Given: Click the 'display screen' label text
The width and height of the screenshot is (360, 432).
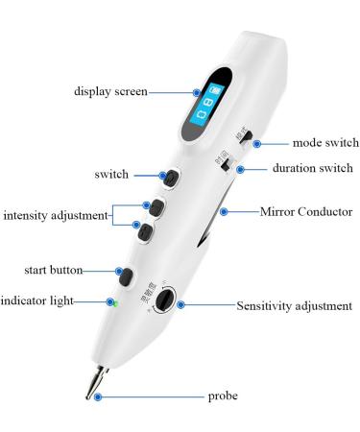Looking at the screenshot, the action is click(112, 92).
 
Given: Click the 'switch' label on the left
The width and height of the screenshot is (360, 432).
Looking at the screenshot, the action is click(113, 176).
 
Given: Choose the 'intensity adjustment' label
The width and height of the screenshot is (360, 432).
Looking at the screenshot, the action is click(56, 215).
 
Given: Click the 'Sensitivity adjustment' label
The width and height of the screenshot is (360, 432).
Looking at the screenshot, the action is click(294, 306).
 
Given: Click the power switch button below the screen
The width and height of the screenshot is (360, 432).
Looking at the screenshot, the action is click(170, 179).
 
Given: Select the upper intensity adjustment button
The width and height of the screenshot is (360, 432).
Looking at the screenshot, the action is click(152, 205).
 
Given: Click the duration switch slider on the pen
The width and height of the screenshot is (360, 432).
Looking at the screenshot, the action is click(227, 166).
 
